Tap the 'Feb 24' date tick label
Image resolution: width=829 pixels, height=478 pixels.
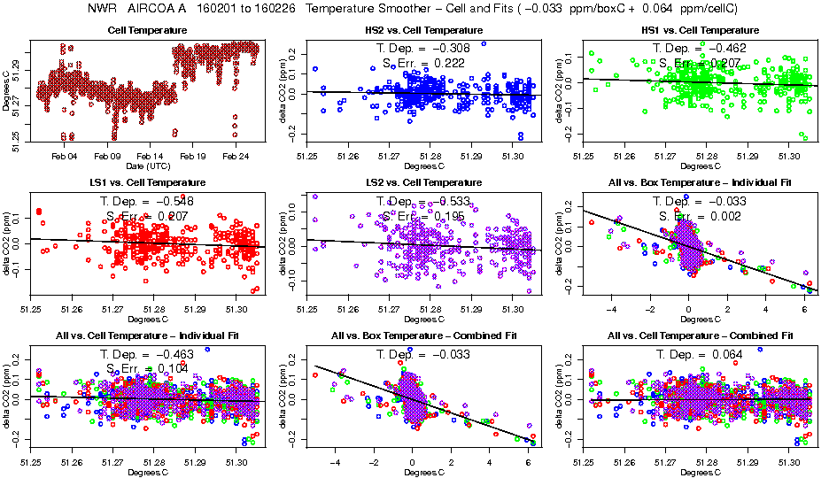pyautogui.click(x=235, y=156)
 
